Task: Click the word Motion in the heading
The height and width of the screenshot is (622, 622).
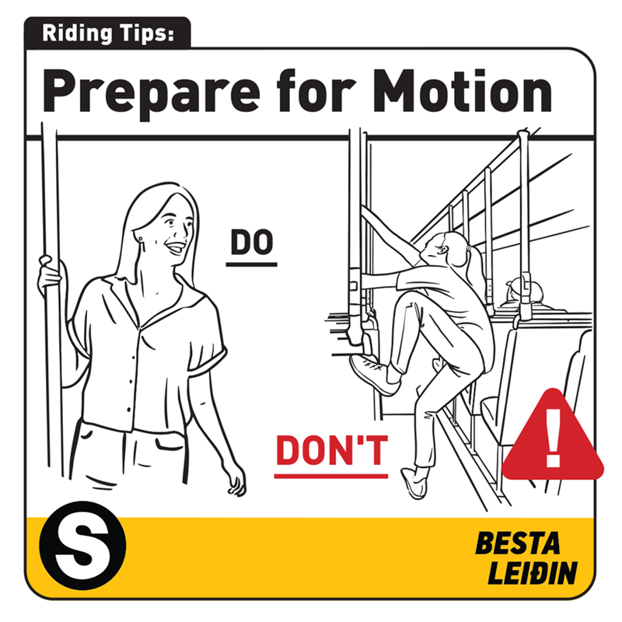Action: coord(463,90)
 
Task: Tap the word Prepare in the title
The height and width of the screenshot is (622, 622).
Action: coord(151,94)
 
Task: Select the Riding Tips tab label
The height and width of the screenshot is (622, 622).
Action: coord(107,33)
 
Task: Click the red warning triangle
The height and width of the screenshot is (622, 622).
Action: coord(553,436)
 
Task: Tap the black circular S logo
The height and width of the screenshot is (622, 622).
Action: coord(82,545)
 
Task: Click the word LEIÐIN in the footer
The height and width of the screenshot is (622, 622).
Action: coord(533,572)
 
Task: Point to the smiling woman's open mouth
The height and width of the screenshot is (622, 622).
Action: coord(176,248)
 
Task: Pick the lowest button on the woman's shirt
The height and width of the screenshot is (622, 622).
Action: coord(128,411)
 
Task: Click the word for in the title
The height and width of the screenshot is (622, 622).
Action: coord(316,90)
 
